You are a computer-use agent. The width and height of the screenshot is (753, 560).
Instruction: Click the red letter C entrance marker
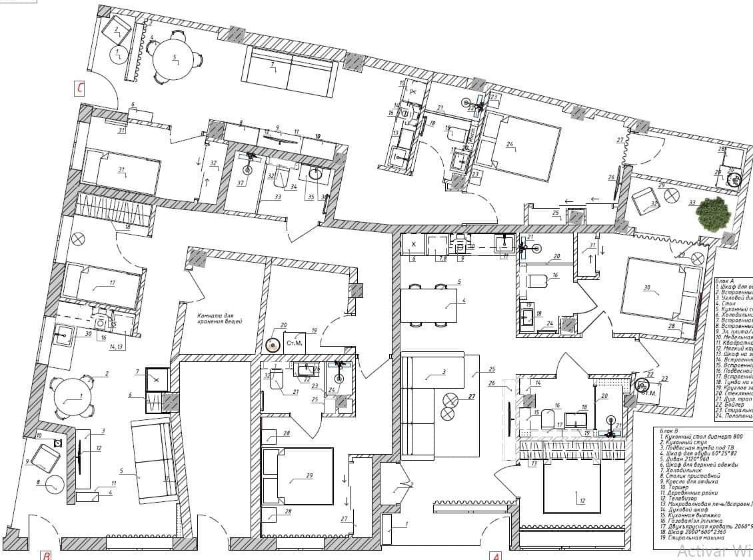pos(80,87)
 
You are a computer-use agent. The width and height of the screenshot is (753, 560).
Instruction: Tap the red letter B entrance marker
pos(45,554)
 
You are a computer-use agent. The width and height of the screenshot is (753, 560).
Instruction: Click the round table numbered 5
pos(174,59)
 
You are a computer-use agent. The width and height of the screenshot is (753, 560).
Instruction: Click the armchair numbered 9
pos(45,459)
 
